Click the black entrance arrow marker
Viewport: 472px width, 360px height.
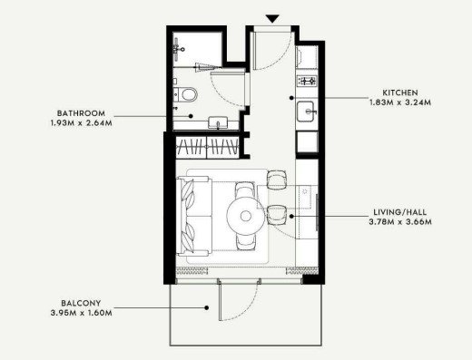coord(272,19)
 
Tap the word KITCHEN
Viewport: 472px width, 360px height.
coord(400,92)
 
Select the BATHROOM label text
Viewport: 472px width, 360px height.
coord(81,113)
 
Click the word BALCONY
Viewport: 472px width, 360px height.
coord(81,303)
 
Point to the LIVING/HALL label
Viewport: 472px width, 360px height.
coord(399,212)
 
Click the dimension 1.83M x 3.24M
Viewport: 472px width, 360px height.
coord(400,102)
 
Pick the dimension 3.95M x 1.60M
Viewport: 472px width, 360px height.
coord(81,313)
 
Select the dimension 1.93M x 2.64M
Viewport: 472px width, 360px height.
coord(81,123)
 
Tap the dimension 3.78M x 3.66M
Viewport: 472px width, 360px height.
coord(400,221)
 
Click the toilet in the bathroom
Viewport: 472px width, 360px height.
coord(185,94)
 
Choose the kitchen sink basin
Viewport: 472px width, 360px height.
coord(306,112)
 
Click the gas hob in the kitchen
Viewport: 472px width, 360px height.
coord(307,81)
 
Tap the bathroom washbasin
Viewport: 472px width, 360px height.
coord(218,123)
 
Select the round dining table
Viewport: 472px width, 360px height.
coord(246,216)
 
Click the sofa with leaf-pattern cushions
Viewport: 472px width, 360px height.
coord(194,216)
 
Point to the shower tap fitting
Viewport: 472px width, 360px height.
coord(178,48)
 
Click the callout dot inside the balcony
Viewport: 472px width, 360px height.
coord(206,307)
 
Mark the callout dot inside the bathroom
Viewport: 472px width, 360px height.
coord(191,116)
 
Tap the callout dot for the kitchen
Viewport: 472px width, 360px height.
coord(291,98)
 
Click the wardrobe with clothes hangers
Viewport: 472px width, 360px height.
coord(207,147)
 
